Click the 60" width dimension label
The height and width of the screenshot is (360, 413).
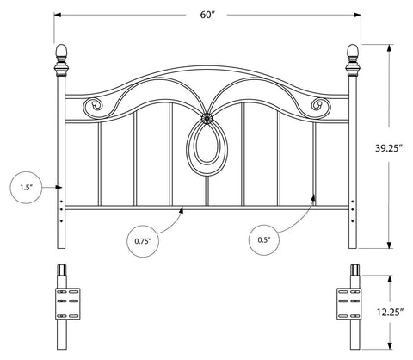tap(207, 15)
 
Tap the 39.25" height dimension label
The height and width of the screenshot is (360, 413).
tap(389, 148)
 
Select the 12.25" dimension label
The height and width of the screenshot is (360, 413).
tap(391, 312)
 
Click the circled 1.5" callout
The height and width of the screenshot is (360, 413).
tap(26, 188)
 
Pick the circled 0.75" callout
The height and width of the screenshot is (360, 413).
tap(143, 241)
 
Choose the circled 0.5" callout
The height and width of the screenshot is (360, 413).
tap(264, 240)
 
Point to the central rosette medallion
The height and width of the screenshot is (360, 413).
tap(206, 118)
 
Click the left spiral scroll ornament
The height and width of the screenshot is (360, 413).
tap(93, 106)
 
